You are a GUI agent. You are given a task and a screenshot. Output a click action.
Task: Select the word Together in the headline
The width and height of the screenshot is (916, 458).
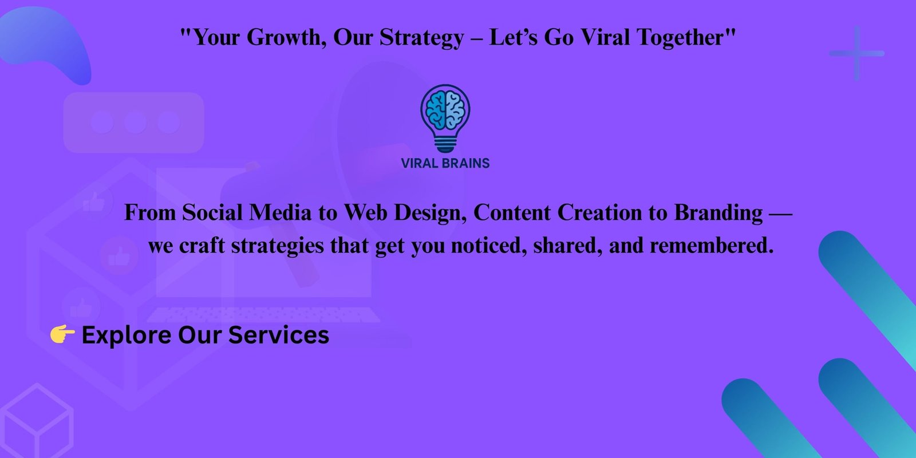(686, 38)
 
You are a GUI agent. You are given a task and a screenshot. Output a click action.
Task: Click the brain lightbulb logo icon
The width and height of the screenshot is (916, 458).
(445, 119)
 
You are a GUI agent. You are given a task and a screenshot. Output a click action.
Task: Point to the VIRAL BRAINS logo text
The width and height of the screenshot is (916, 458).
(445, 163)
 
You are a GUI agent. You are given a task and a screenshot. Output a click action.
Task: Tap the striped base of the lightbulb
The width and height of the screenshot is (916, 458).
(445, 144)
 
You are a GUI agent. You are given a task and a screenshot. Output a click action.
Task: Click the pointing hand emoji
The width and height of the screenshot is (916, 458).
(62, 334)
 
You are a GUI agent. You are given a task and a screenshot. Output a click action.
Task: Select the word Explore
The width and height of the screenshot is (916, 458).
(127, 335)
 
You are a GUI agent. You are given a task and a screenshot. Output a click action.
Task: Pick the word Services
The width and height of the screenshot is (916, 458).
(279, 335)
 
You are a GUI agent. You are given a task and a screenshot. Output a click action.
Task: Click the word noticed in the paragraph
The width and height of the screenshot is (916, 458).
(489, 246)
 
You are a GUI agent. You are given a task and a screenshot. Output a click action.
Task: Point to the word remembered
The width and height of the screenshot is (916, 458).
(712, 246)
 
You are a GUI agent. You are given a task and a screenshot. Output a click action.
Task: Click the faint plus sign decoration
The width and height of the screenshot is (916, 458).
(856, 53)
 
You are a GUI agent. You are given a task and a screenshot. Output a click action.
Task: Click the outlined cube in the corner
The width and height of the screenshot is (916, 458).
(37, 421)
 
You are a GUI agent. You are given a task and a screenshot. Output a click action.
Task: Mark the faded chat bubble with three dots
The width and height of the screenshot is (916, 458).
(134, 123)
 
